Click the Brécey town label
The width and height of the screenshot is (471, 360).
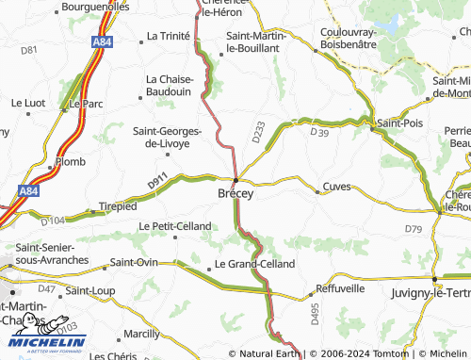235,192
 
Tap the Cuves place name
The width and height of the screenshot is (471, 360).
336,187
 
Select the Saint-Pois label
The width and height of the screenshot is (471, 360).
399,123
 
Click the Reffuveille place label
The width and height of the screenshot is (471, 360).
340,287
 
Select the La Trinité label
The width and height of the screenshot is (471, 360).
169,36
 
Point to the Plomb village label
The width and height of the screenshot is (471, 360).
70,161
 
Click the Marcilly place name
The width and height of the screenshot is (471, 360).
141,334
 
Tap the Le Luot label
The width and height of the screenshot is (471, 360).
28,102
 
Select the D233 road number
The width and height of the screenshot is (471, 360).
258,133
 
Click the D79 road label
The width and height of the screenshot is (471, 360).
414,229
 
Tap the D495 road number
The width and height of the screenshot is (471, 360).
315,314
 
